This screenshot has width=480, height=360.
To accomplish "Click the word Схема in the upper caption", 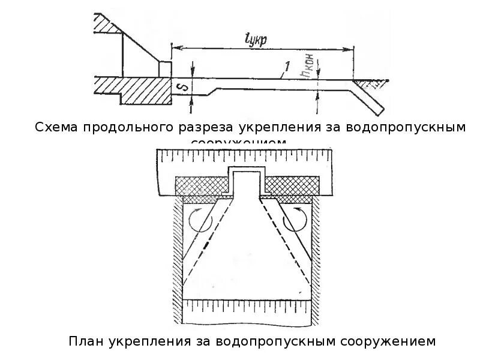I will (57, 127).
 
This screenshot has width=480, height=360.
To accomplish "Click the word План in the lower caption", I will (86, 342).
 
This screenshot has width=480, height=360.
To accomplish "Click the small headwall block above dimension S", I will (166, 68).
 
